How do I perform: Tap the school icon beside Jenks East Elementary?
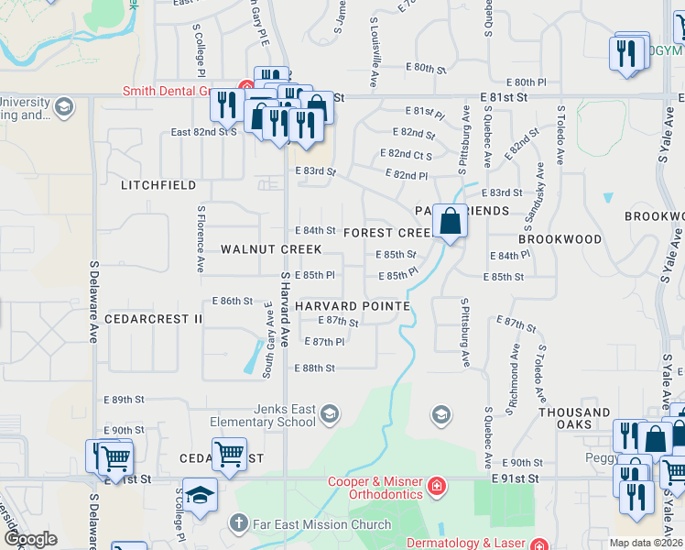click(x=330, y=415)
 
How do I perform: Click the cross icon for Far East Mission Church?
click(x=238, y=524)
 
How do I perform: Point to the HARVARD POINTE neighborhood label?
click(x=352, y=305)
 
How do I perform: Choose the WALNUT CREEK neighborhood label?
click(x=271, y=249)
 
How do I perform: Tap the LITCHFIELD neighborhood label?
click(x=158, y=185)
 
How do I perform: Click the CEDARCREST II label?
click(x=153, y=318)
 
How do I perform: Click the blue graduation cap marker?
click(x=199, y=496)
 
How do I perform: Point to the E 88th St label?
click(x=314, y=368)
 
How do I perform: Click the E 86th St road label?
click(x=232, y=301)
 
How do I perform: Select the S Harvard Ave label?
click(x=285, y=308)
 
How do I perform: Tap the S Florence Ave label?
click(x=200, y=238)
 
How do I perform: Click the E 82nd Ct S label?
click(x=405, y=154)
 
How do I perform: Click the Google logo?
click(x=30, y=539)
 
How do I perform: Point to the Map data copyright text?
click(x=646, y=543)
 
